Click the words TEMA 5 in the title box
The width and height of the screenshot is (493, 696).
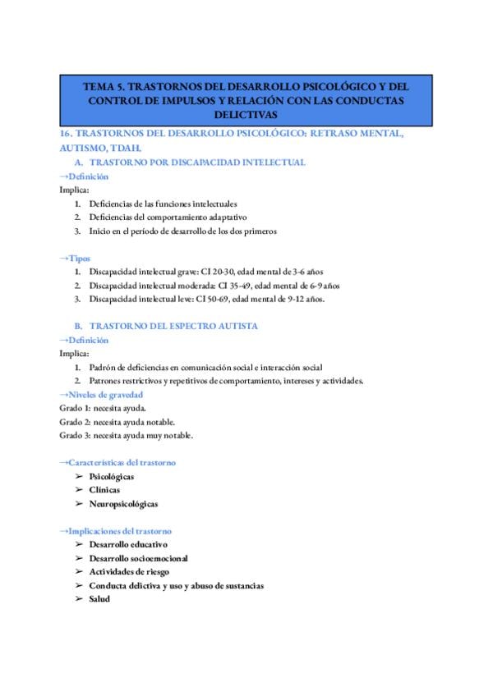105,85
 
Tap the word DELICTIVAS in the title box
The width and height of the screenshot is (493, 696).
247,114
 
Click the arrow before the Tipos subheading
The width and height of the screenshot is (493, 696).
64,258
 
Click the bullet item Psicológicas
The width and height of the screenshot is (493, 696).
112,476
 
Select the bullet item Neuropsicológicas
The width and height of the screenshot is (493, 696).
123,503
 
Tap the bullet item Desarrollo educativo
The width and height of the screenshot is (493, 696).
128,544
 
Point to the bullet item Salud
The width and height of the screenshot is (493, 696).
99,598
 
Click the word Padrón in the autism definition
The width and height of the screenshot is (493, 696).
103,367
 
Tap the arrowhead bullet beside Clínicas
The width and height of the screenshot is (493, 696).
79,490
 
